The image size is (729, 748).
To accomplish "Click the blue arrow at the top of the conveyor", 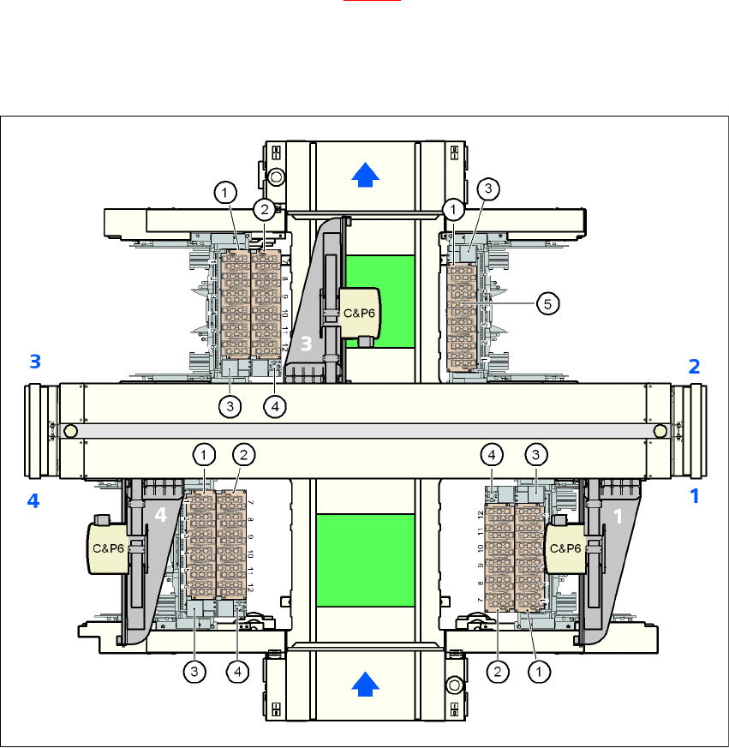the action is [366, 176].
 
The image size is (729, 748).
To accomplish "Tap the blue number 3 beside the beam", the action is [34, 362].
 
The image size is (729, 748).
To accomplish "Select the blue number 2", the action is [695, 367].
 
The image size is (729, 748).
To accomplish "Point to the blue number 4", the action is [33, 501].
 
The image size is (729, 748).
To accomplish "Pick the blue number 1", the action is [695, 496].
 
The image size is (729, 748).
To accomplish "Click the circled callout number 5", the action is [548, 302].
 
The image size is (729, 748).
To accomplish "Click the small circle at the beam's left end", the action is [70, 430].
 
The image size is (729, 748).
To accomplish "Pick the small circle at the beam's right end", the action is [660, 430].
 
